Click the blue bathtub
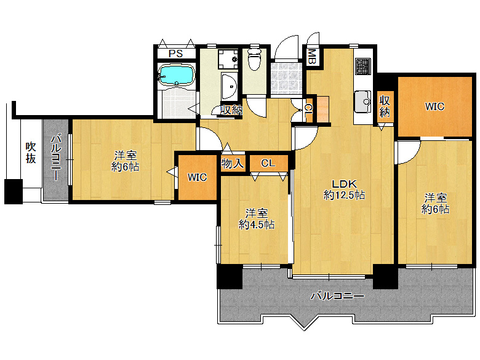tap(177, 74)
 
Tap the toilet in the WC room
tap(254, 59)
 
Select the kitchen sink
tap(362, 102)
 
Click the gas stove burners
tap(363, 66)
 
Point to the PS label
tap(176, 54)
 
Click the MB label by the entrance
tap(311, 57)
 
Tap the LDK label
tap(345, 184)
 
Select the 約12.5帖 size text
tap(345, 195)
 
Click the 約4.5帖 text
tap(256, 225)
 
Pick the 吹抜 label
tap(31, 153)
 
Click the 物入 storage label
tap(233, 164)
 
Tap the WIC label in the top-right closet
tap(434, 106)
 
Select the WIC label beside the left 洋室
tap(197, 177)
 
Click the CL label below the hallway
tap(268, 163)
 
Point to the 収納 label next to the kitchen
tap(385, 106)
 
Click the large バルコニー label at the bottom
tap(338, 296)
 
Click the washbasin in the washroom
tap(230, 86)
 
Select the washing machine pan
tap(228, 59)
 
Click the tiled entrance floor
tap(286, 78)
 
